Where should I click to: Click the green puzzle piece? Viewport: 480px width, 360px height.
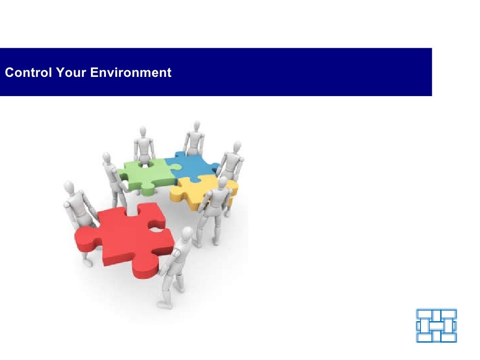click(141, 176)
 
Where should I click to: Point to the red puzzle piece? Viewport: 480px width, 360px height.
click(127, 239)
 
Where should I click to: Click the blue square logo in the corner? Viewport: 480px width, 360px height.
click(436, 325)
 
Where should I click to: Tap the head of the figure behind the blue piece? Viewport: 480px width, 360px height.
click(196, 125)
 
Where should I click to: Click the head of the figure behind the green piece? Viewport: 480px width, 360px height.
click(142, 131)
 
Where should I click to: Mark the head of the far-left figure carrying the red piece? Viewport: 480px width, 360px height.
click(69, 186)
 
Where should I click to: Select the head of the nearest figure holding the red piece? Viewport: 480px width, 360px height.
click(187, 233)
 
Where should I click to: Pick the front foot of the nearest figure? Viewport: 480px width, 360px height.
click(164, 305)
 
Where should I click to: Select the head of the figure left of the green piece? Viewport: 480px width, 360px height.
click(107, 157)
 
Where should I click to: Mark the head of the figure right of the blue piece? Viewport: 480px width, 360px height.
click(236, 146)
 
